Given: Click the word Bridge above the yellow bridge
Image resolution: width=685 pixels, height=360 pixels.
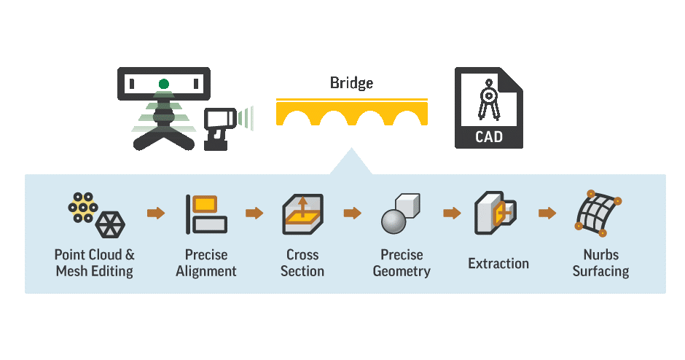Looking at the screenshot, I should pyautogui.click(x=351, y=83).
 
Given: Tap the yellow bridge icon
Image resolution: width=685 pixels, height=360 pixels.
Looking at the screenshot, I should pyautogui.click(x=351, y=112).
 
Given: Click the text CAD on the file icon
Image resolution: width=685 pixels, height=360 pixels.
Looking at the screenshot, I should pyautogui.click(x=488, y=137).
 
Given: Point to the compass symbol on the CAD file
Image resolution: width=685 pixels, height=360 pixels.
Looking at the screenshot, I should pyautogui.click(x=488, y=102).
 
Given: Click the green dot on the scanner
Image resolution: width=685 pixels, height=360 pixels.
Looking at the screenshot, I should pyautogui.click(x=164, y=84).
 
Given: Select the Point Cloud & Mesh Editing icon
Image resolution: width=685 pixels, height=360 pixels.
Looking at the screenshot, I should pyautogui.click(x=95, y=213).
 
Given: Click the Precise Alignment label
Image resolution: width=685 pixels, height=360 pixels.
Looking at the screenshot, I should pyautogui.click(x=206, y=263).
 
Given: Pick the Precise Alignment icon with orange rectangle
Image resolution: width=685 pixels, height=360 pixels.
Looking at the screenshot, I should pyautogui.click(x=206, y=214).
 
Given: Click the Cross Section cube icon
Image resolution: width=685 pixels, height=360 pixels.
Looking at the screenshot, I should pyautogui.click(x=302, y=214).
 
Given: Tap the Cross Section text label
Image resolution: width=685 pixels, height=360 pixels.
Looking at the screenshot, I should pyautogui.click(x=302, y=263).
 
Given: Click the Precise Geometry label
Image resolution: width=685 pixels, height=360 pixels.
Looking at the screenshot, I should pyautogui.click(x=402, y=263).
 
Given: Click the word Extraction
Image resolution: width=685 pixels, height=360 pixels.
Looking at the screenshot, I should pyautogui.click(x=498, y=264).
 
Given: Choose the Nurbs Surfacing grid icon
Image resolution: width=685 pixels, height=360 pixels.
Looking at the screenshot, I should pyautogui.click(x=598, y=214).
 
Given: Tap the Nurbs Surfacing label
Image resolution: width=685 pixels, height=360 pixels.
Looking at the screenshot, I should pyautogui.click(x=600, y=263).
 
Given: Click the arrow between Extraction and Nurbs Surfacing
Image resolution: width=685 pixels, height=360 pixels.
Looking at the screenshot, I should pyautogui.click(x=547, y=213).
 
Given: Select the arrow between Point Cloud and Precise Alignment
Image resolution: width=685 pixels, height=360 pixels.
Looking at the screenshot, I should pyautogui.click(x=155, y=213).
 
